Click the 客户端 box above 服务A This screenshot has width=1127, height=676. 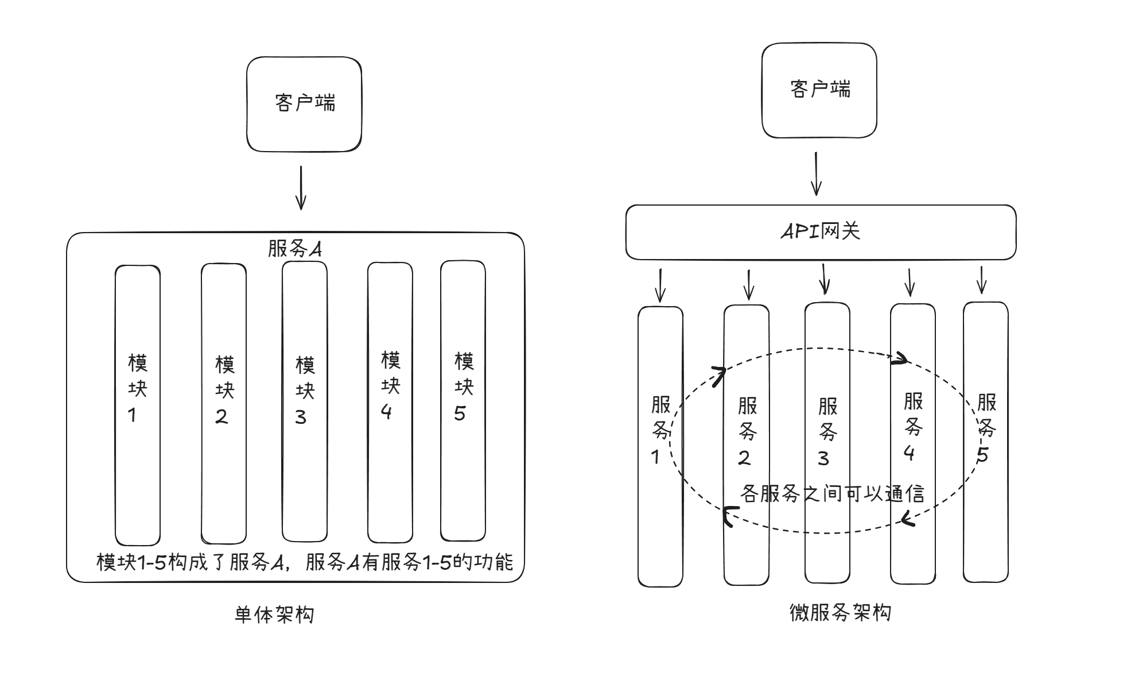[x=304, y=104]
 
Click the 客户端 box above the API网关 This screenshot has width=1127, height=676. [x=819, y=90]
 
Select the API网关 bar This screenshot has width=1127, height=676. [x=821, y=232]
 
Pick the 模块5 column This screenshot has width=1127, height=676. [x=463, y=471]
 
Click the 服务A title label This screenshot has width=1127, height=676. [x=294, y=249]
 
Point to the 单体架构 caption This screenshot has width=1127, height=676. [x=274, y=615]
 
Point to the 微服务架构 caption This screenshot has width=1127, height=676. [x=840, y=613]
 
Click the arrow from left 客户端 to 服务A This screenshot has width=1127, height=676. [x=301, y=188]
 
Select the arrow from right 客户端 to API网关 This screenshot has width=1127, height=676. [x=816, y=173]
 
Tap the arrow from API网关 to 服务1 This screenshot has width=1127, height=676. [x=660, y=285]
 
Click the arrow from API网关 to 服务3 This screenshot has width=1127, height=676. [x=824, y=279]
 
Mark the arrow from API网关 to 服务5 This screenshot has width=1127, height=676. [x=982, y=280]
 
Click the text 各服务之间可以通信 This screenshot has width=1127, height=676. [x=832, y=493]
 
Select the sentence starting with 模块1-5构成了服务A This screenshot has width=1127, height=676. [x=305, y=562]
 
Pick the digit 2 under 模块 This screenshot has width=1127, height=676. [x=221, y=416]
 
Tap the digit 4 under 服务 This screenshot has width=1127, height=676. [x=909, y=453]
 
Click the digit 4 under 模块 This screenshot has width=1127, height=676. [x=387, y=411]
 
